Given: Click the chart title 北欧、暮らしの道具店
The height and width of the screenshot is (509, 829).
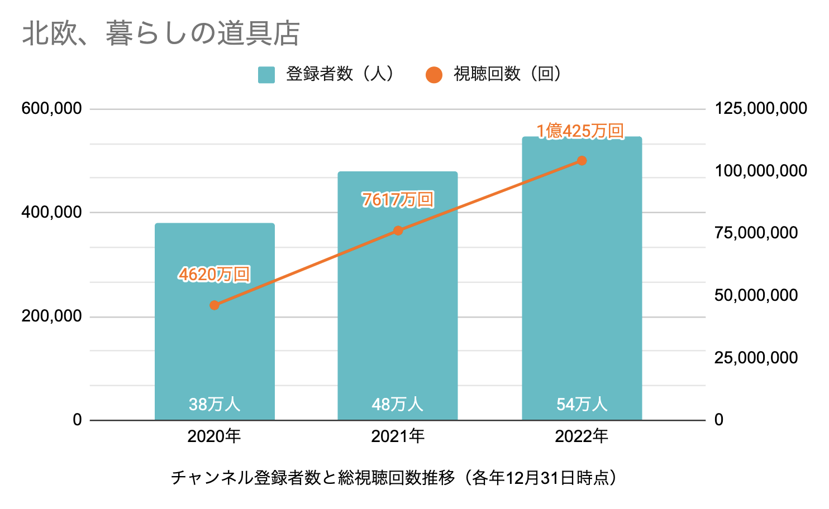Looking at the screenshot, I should click(161, 33).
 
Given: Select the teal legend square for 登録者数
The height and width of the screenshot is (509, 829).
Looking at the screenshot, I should click(266, 75).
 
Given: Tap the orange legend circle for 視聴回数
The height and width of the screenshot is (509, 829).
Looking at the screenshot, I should click(433, 75).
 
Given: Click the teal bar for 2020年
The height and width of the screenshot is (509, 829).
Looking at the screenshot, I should click(215, 346).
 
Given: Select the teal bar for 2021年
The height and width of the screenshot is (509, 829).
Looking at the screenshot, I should click(398, 313).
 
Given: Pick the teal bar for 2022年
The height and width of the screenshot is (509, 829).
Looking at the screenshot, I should click(582, 290).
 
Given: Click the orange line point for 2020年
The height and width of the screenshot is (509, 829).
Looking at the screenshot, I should click(215, 305).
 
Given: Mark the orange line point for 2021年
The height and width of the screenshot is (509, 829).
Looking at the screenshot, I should click(398, 231).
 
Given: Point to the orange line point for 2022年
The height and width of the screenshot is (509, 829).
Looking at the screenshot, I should click(582, 161).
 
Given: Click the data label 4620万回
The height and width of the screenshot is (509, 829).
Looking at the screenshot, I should click(215, 274).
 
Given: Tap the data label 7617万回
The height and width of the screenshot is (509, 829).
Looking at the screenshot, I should click(398, 199).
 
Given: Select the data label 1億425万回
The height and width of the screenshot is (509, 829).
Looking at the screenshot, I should click(580, 131).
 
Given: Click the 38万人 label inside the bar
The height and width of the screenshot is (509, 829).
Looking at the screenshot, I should click(215, 404).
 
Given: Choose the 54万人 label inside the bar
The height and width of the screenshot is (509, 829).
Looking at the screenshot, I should click(582, 404).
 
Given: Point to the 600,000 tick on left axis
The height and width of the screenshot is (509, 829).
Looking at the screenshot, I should click(51, 108).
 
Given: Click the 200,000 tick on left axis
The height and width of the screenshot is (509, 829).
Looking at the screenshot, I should click(51, 316).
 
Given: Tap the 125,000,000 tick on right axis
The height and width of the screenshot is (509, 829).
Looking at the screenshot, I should click(761, 108).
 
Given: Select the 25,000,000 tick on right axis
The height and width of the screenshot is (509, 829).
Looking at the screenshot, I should click(756, 358).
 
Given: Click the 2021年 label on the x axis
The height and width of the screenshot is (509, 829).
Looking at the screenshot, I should click(398, 436).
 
